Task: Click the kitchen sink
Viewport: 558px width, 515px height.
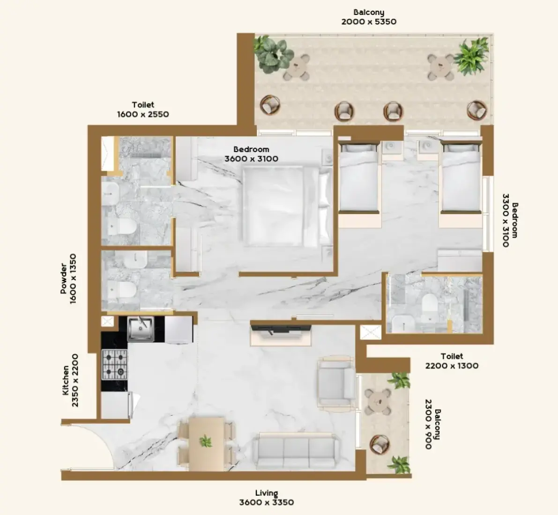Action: (141, 329)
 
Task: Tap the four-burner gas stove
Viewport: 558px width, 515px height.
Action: (115, 364)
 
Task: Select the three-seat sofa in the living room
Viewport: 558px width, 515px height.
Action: (296, 451)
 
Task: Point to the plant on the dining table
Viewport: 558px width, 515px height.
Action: (205, 441)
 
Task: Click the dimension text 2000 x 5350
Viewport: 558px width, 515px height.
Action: (369, 22)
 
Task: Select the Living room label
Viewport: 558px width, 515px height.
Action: (267, 493)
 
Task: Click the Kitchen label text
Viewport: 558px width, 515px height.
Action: (66, 381)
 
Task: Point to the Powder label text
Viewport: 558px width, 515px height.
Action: (64, 279)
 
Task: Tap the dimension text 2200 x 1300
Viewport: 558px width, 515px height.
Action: (452, 366)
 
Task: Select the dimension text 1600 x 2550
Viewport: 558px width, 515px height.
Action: (143, 114)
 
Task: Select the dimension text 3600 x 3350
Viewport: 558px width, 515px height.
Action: (267, 502)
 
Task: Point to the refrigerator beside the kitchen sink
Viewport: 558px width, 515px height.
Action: (179, 330)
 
